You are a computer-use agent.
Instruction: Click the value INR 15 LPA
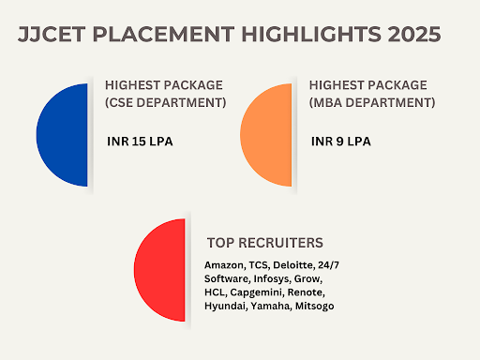[x=141, y=143]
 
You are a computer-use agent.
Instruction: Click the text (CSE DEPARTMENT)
[x=166, y=102]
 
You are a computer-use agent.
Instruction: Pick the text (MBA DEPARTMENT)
[x=370, y=102]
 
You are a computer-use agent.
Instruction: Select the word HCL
[x=215, y=292]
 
